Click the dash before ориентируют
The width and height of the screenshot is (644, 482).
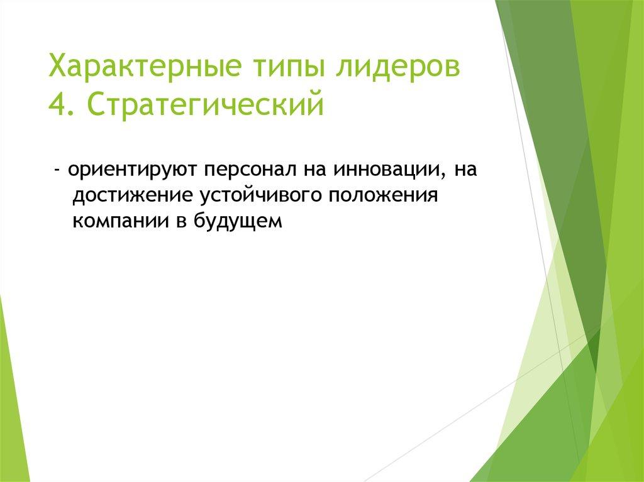pos(57,170)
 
